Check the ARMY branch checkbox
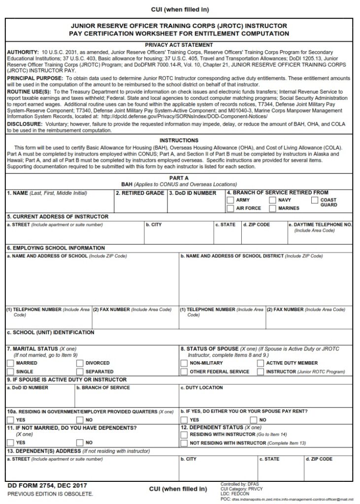click(x=230, y=200)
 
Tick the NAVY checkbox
click(x=272, y=200)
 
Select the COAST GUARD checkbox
click(x=315, y=200)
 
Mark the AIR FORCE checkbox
click(x=230, y=209)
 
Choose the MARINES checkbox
click(x=272, y=209)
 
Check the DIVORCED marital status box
click(x=80, y=363)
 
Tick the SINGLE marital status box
click(x=10, y=372)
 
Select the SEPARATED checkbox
click(x=80, y=372)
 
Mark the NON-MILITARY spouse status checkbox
click(x=184, y=363)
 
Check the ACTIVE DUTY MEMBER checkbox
click(x=261, y=363)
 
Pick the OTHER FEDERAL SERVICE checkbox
click(x=184, y=372)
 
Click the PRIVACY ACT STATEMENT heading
click(x=179, y=45)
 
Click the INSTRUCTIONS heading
click(x=179, y=140)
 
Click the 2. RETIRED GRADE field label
click(x=140, y=193)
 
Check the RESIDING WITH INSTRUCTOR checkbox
click(x=184, y=435)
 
